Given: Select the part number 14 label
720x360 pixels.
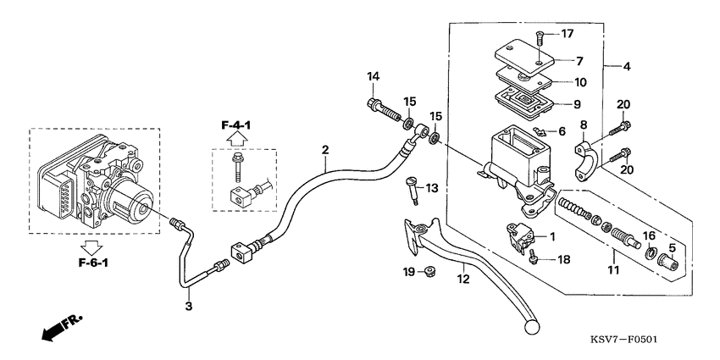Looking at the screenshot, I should pos(372,78).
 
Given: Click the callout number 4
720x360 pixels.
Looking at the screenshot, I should pos(626,66).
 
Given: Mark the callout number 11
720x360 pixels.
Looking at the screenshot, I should pos(612,270).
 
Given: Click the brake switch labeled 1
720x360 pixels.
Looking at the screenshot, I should pos(518,234).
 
